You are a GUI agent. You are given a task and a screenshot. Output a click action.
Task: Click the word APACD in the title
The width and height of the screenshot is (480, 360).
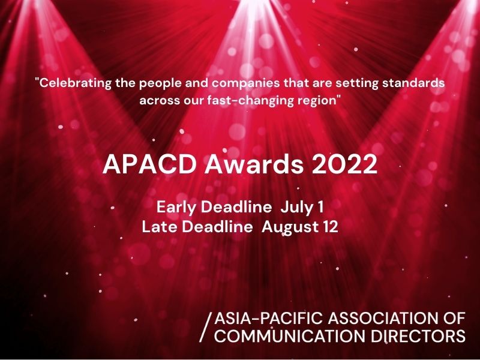149,164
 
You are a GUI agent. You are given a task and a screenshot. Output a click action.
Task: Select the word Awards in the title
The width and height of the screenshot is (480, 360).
254,164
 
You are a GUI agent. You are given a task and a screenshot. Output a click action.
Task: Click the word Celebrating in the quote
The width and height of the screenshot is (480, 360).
73,83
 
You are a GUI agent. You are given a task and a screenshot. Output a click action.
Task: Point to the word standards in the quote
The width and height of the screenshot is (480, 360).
413,83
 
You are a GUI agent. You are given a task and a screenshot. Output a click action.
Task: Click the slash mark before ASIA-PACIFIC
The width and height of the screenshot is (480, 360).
205,327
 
